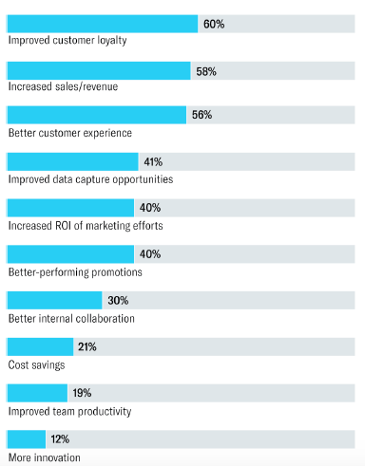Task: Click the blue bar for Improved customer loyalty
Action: pyautogui.click(x=103, y=24)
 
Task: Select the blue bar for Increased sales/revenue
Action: pyautogui.click(x=99, y=70)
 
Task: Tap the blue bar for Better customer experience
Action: pyautogui.click(x=96, y=116)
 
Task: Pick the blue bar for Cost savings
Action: pyautogui.click(x=40, y=347)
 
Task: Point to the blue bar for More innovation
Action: pyautogui.click(x=27, y=438)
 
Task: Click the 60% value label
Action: pyautogui.click(x=214, y=24)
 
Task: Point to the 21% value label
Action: pyautogui.click(x=87, y=347)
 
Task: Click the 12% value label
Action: pyautogui.click(x=59, y=438)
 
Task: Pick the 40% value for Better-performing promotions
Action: pyautogui.click(x=150, y=254)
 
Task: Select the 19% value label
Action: pyautogui.click(x=82, y=393)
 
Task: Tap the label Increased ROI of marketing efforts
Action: pyautogui.click(x=86, y=226)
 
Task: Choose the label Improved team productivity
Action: pyautogui.click(x=69, y=411)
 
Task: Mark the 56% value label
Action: pyautogui.click(x=202, y=116)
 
